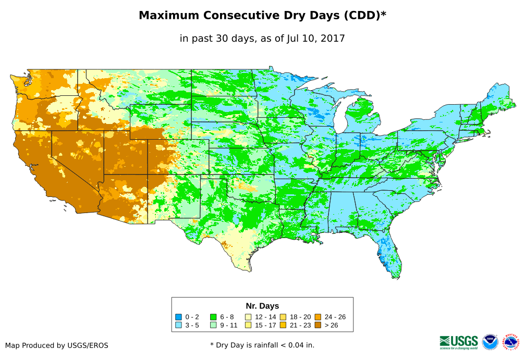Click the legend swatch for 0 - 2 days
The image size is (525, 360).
click(179, 317)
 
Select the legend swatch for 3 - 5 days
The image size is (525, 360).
click(179, 326)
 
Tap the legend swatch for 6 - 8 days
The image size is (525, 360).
click(213, 317)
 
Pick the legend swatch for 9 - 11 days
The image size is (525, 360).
click(213, 326)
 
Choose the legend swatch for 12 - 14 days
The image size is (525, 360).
click(248, 317)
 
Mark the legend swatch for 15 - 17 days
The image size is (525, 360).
click(248, 326)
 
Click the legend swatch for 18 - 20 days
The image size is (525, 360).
click(283, 317)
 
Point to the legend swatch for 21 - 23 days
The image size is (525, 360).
click(283, 326)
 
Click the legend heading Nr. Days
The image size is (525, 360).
click(262, 306)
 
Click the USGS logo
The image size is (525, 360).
click(459, 342)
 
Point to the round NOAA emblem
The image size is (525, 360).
click(490, 342)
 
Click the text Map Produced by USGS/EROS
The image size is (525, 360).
click(57, 345)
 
